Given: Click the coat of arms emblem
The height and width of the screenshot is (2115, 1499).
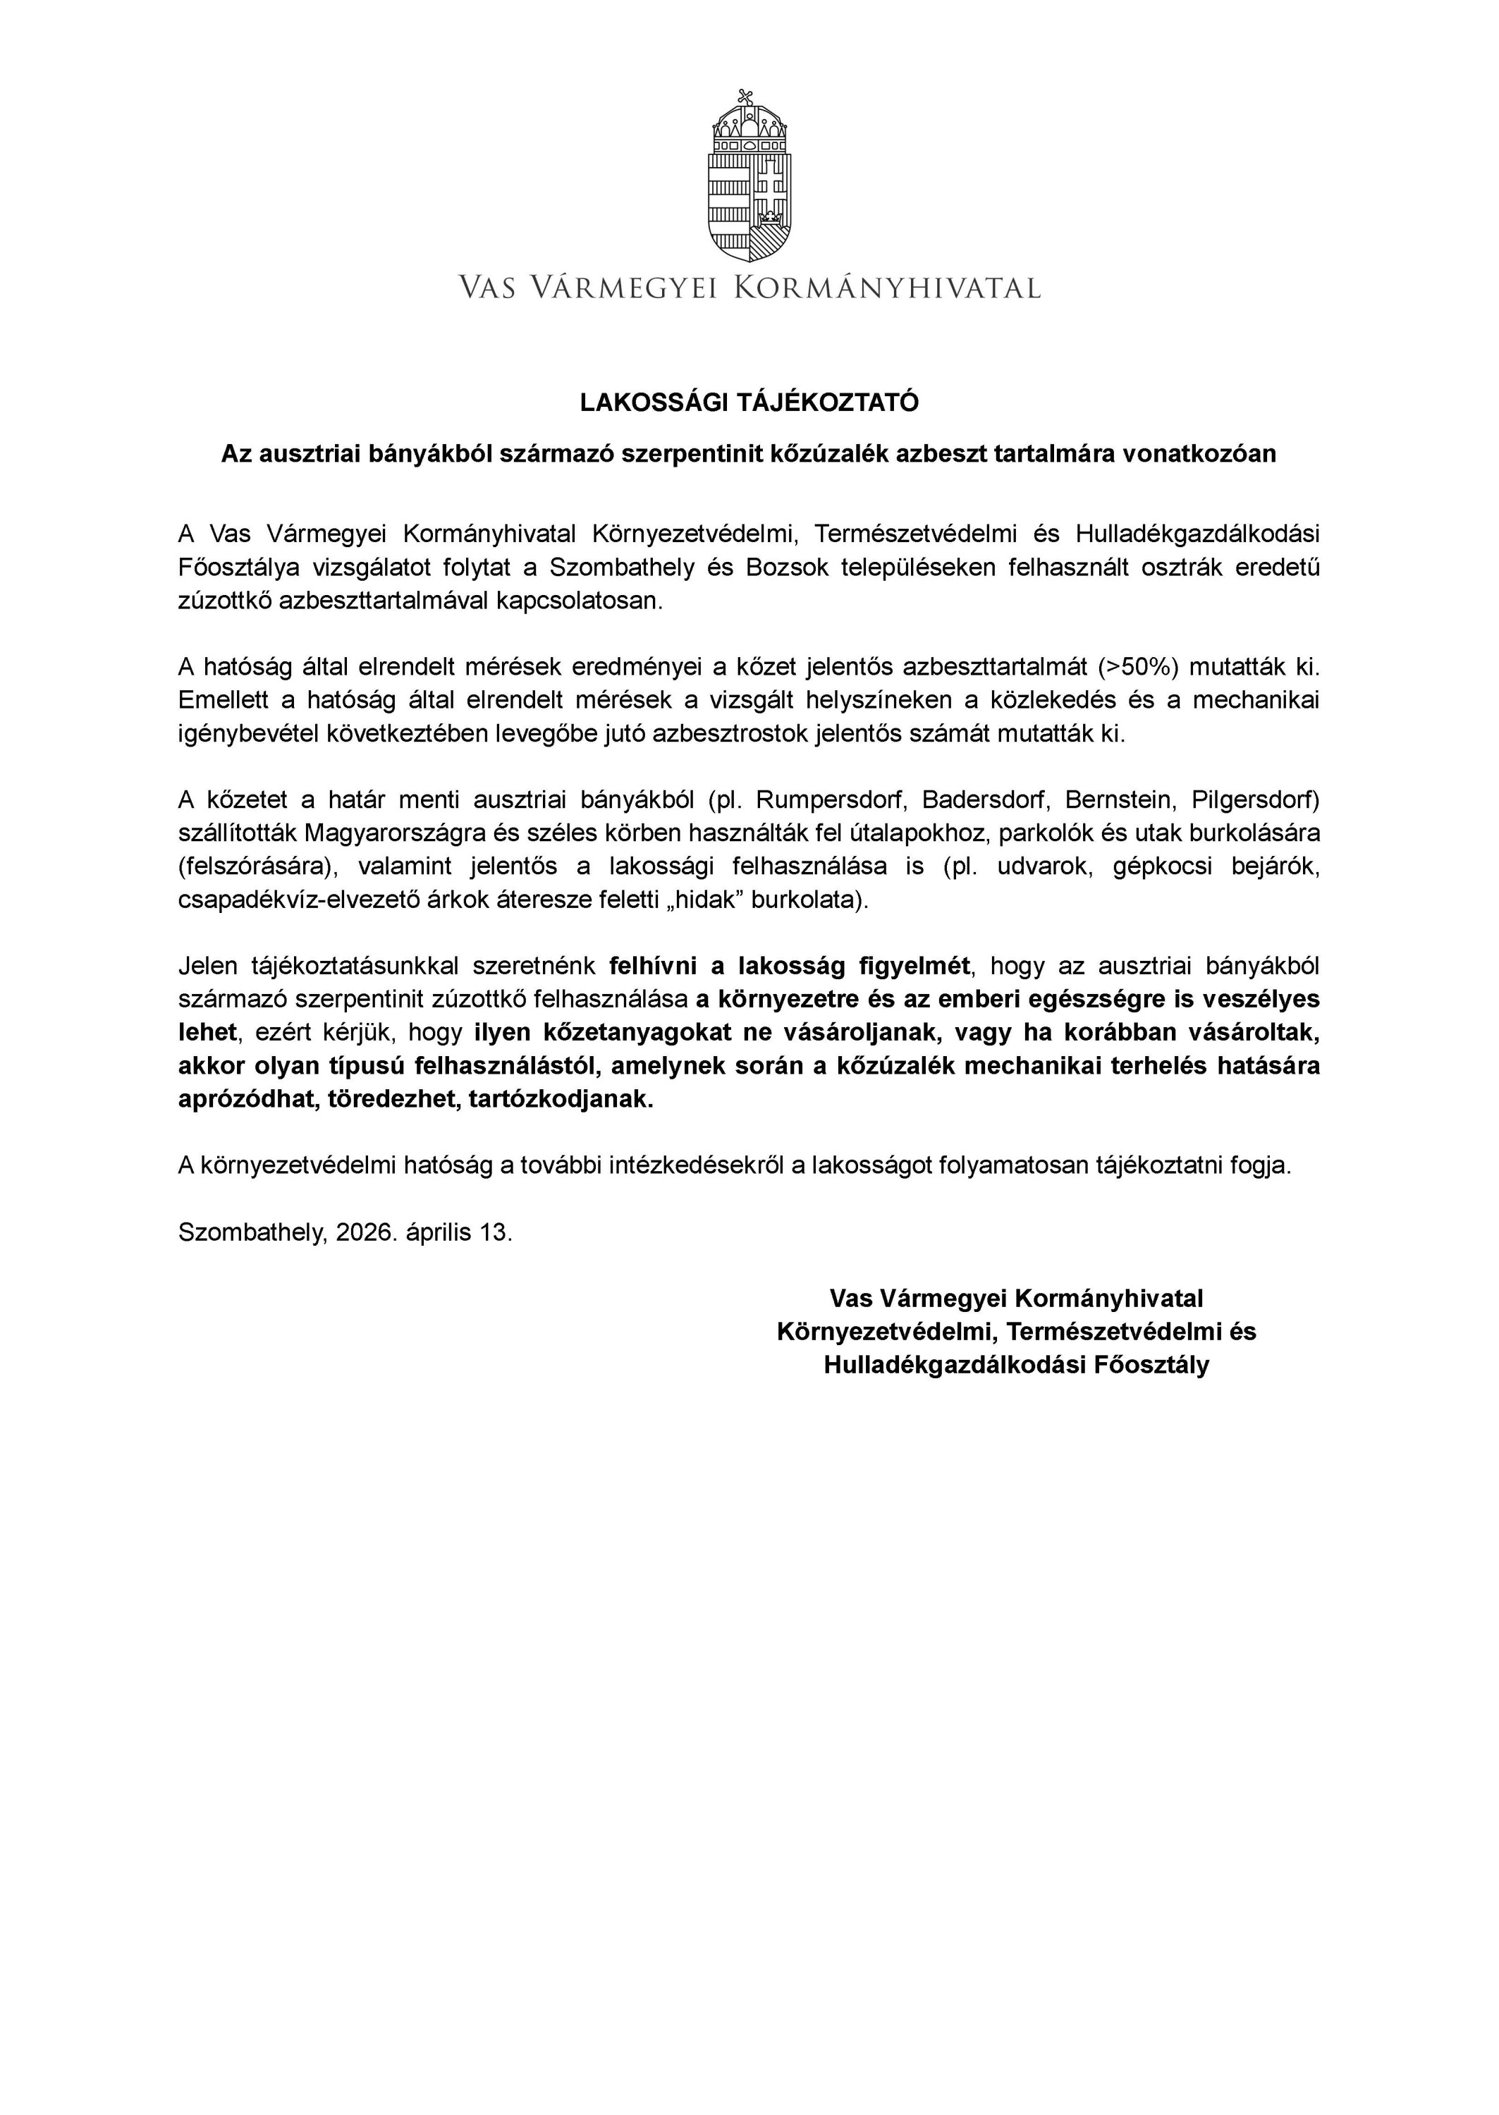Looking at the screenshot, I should click(x=749, y=177).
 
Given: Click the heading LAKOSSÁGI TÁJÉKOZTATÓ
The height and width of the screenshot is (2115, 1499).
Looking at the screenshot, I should click(x=749, y=403).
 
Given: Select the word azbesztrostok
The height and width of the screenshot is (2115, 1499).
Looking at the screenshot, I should click(x=731, y=734).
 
